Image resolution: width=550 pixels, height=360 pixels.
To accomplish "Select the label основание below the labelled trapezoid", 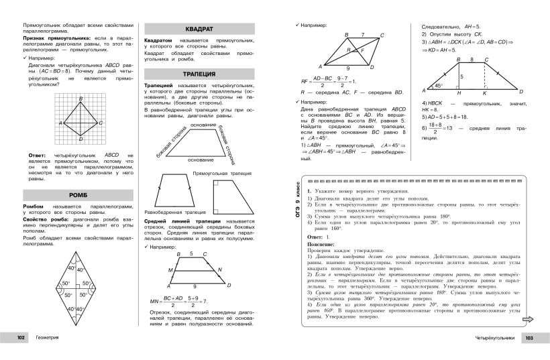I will tap(201, 160).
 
